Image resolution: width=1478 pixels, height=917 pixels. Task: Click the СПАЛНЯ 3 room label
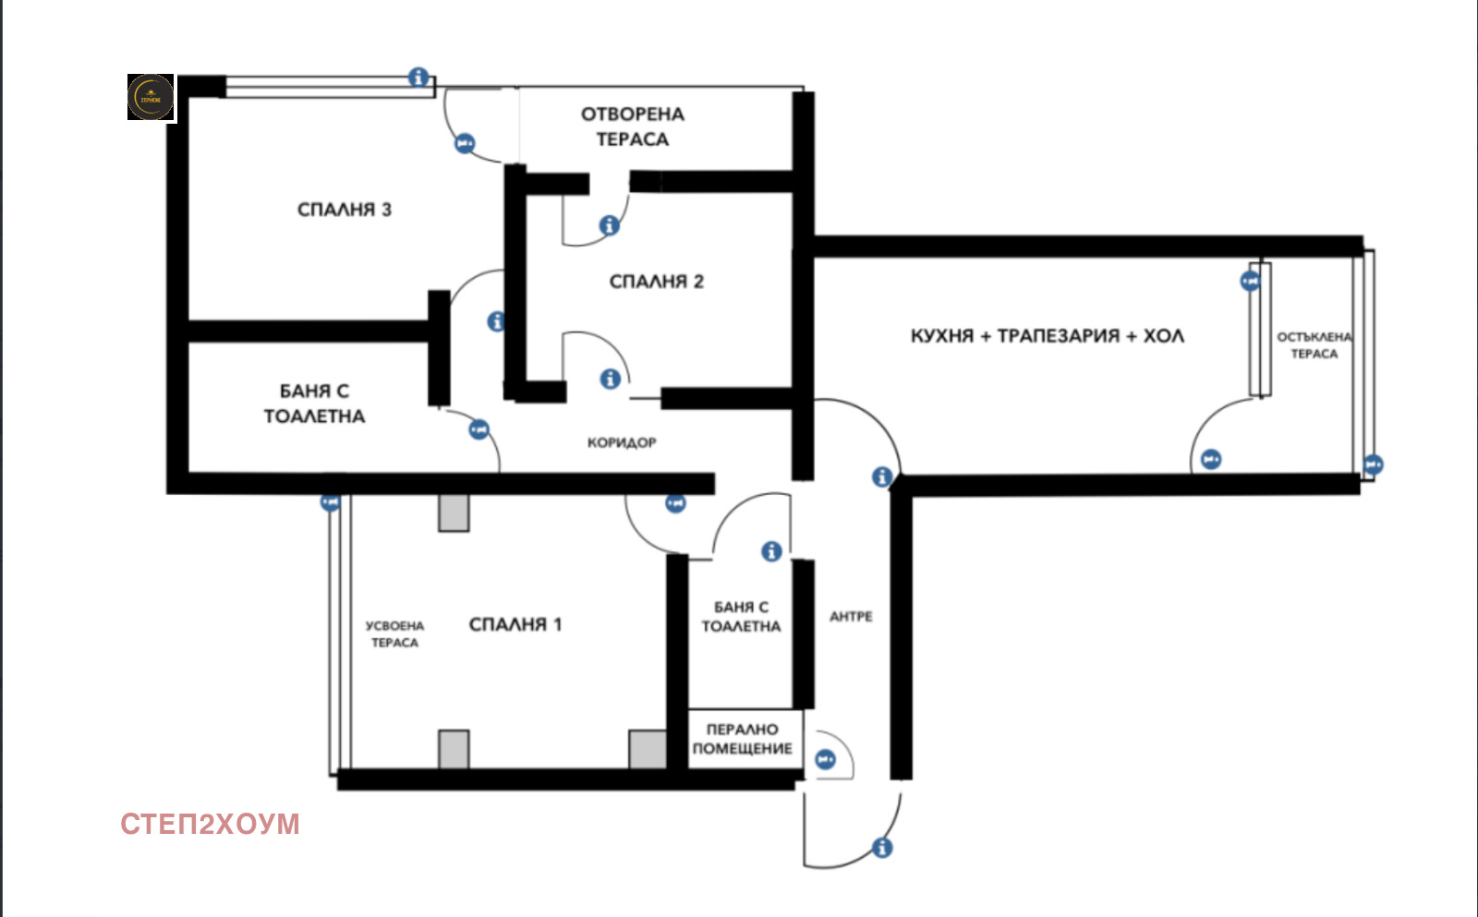[x=344, y=210]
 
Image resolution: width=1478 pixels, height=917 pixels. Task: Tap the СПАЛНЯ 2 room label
[x=656, y=282]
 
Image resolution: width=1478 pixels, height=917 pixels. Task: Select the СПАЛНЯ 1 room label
[x=515, y=624]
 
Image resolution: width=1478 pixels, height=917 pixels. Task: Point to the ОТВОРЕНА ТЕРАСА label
[x=633, y=127]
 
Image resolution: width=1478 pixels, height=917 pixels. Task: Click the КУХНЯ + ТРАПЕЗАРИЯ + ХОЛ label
[x=1047, y=336]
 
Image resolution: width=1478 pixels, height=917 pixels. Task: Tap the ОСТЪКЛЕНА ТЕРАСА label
[x=1314, y=345]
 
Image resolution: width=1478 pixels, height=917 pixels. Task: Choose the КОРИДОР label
[x=622, y=442]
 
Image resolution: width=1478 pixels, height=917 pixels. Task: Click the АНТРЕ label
[x=851, y=616]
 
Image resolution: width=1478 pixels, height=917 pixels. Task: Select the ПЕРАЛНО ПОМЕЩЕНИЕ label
[x=743, y=739]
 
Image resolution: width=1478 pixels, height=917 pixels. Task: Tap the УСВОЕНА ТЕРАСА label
[x=394, y=633]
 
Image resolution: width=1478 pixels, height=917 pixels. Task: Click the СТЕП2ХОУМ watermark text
[x=210, y=824]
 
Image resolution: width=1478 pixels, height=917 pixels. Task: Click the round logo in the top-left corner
[x=151, y=97]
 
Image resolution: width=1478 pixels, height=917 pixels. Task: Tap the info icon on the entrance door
[x=882, y=847]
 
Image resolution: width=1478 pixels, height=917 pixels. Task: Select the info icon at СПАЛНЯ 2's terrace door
[x=609, y=224]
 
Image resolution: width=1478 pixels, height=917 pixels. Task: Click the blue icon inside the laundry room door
[x=825, y=759]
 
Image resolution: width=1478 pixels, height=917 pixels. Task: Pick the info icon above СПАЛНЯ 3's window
[x=418, y=77]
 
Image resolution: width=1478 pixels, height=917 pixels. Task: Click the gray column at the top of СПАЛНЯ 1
[x=454, y=513]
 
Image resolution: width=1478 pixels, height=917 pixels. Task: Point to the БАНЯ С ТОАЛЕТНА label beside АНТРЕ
[x=741, y=617]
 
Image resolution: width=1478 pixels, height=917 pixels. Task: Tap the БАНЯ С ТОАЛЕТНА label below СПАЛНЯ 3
[x=314, y=404]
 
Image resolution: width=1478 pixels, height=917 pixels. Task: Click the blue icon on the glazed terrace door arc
[x=1210, y=459]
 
